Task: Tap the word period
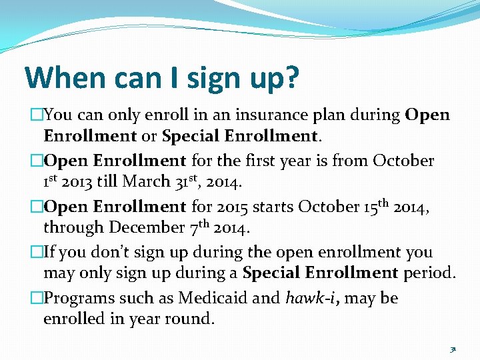[x=430, y=273]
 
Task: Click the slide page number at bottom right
[x=453, y=348]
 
